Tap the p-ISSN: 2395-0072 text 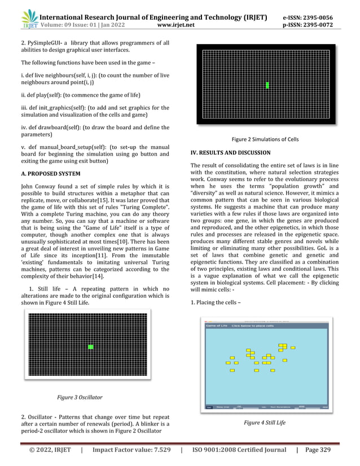click(307, 25)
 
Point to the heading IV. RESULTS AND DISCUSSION click(231, 153)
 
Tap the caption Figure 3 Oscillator click(80, 397)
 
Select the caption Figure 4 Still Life click(264, 422)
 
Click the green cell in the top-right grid click(267, 85)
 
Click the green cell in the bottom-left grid click(90, 347)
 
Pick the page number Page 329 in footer click(324, 451)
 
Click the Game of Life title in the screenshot click(215, 326)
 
